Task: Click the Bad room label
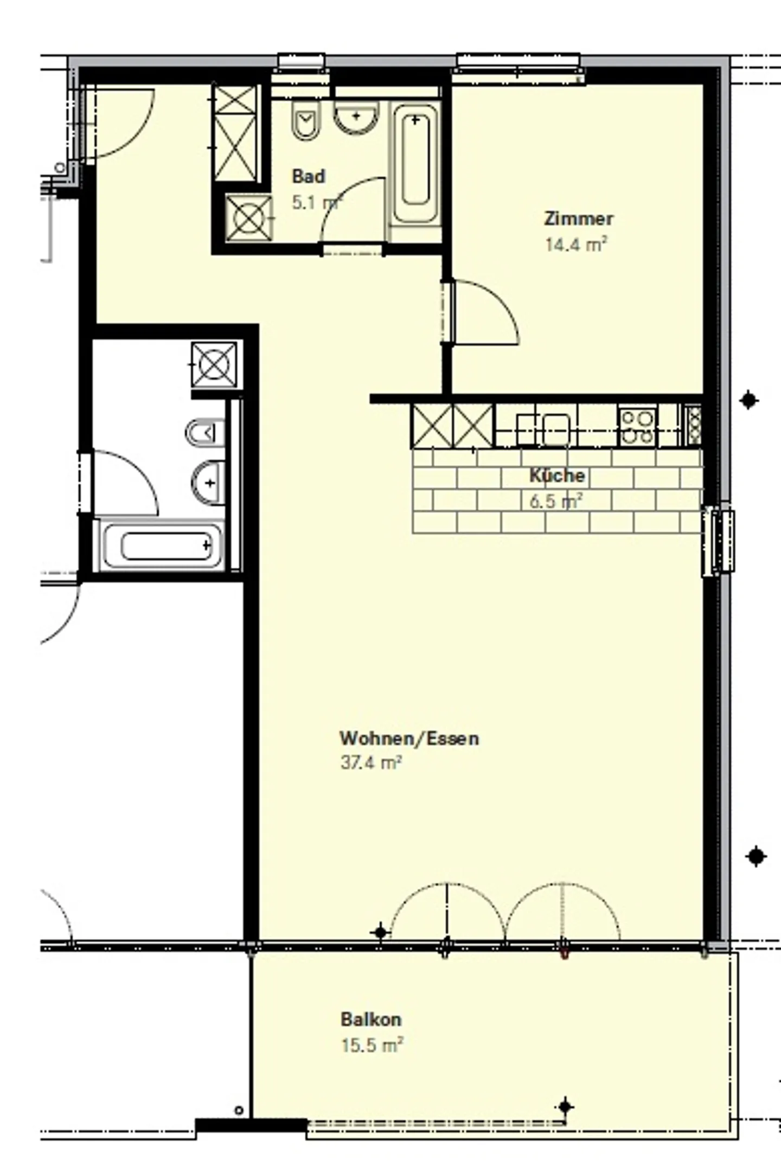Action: tap(308, 176)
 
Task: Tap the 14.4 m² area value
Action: tap(576, 245)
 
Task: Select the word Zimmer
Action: tap(578, 219)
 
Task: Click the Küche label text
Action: tap(557, 476)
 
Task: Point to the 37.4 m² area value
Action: tap(371, 763)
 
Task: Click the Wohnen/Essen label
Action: tap(409, 738)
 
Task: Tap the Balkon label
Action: tap(371, 1019)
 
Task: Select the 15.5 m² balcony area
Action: tap(372, 1045)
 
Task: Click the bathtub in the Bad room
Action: tap(415, 163)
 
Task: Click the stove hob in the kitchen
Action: tap(637, 427)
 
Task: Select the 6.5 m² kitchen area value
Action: tap(556, 501)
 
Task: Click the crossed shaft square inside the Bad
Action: tap(248, 218)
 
